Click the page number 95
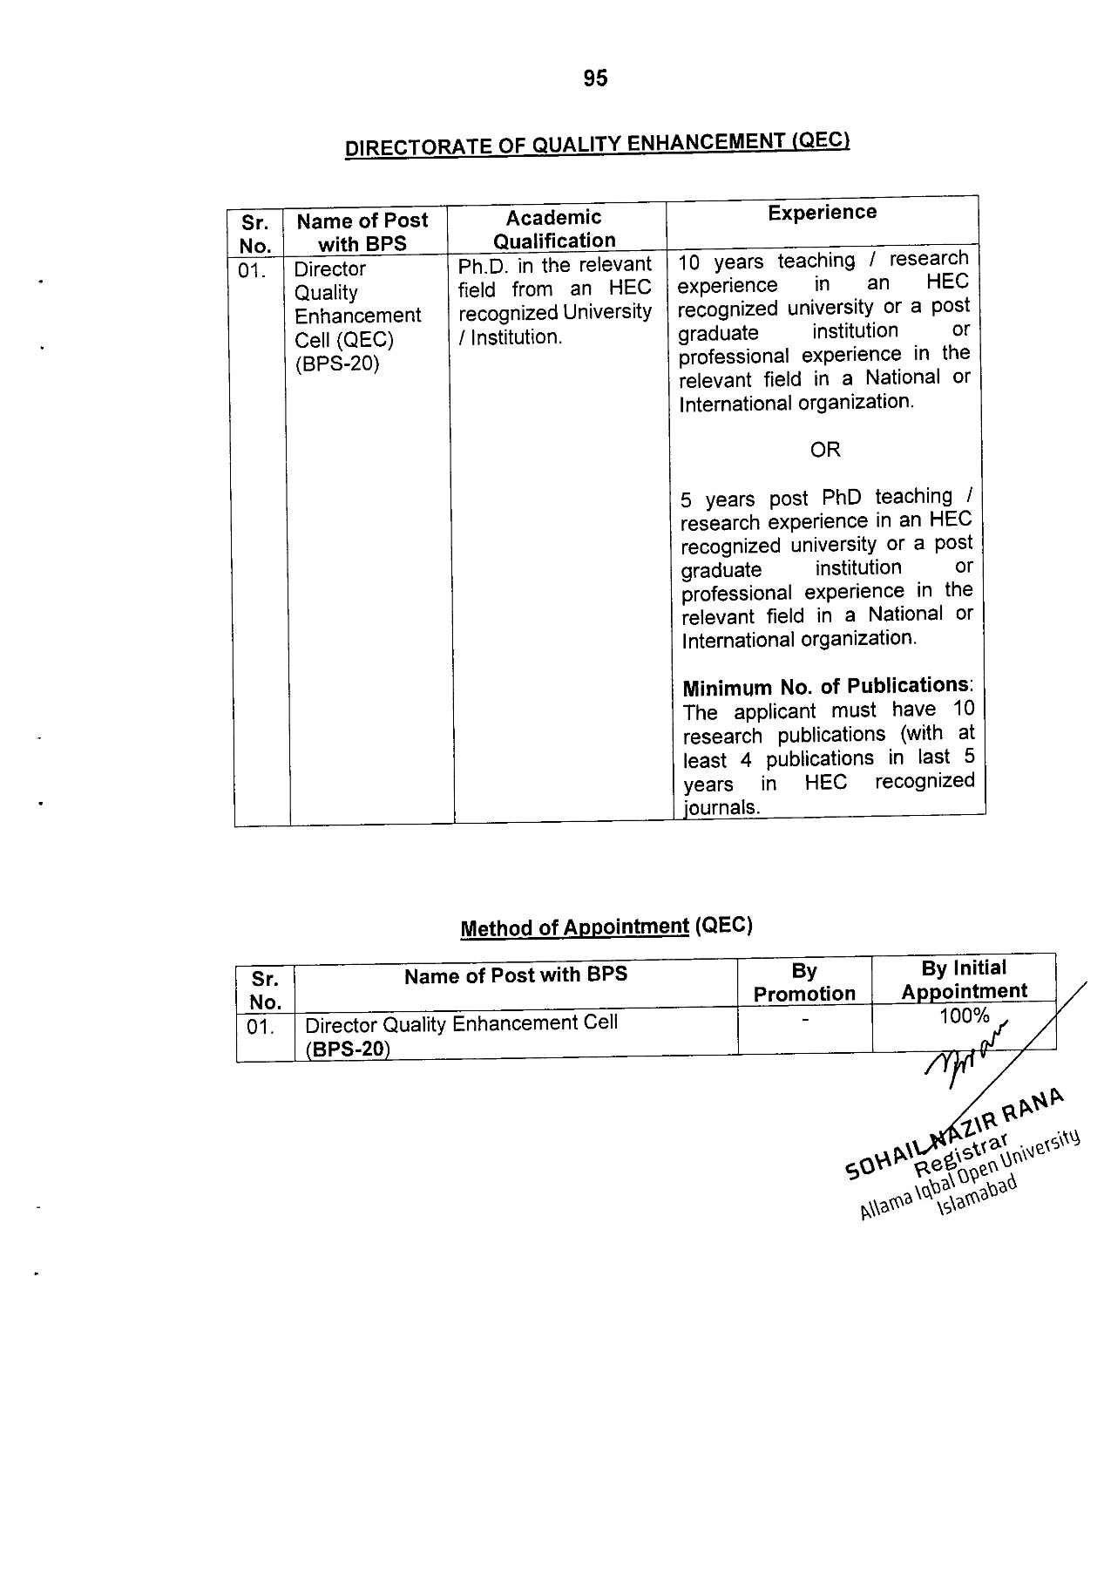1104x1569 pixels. [595, 78]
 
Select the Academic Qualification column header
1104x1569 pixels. [554, 229]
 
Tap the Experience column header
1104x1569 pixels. [822, 213]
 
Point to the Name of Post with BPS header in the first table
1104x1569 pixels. [362, 232]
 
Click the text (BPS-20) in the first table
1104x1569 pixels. [337, 363]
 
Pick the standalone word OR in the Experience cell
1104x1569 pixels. [824, 450]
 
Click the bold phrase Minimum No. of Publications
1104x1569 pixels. [825, 687]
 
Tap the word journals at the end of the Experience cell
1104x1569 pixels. [721, 807]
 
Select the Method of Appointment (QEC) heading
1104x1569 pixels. [606, 927]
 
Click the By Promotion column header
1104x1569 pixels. [804, 982]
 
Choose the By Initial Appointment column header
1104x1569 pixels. [964, 980]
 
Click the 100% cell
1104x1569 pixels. [964, 1015]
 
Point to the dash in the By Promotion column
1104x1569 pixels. [806, 1018]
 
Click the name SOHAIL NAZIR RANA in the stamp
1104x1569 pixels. [954, 1133]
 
